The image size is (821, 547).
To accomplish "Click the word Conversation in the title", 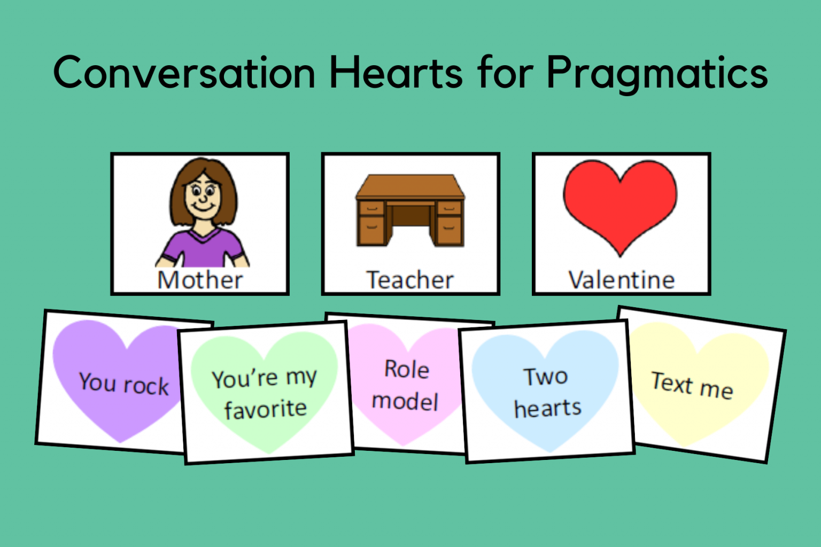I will (x=184, y=73).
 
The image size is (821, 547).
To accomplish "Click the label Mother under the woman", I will (x=200, y=280).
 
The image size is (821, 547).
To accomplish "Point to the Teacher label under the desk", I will (x=410, y=280).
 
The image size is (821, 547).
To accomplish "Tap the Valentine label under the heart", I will (x=621, y=280).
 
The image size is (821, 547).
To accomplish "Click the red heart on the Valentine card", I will (x=620, y=203).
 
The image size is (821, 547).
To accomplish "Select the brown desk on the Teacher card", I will (x=410, y=211).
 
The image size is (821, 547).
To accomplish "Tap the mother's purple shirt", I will (x=203, y=248).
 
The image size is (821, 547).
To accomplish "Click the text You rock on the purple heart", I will (x=123, y=384).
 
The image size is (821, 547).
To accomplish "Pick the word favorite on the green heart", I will (x=265, y=409).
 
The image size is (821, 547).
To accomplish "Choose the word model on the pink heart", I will (x=405, y=401).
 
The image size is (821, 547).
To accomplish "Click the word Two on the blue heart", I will (x=545, y=377).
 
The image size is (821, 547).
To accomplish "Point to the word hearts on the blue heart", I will (x=547, y=409).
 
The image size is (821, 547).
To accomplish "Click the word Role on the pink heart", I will (x=407, y=369).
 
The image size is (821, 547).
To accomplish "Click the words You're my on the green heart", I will (x=264, y=378).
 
